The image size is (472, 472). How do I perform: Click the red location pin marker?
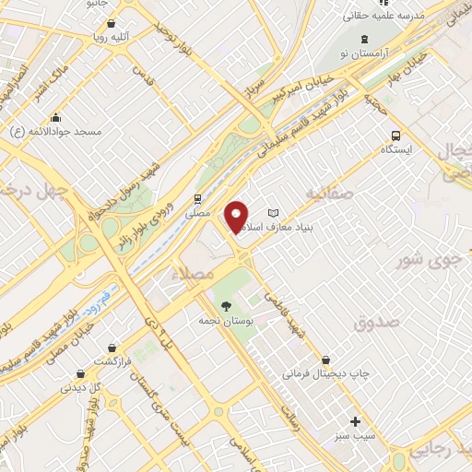[x=237, y=217]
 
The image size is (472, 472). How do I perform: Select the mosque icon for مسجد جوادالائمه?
[x=56, y=117]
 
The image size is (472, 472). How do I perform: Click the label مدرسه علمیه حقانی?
[x=412, y=16]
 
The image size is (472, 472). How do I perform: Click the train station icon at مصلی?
[x=196, y=198]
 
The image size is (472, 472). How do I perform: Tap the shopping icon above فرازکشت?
[x=112, y=348]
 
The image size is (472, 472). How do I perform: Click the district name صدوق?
[x=375, y=323]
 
